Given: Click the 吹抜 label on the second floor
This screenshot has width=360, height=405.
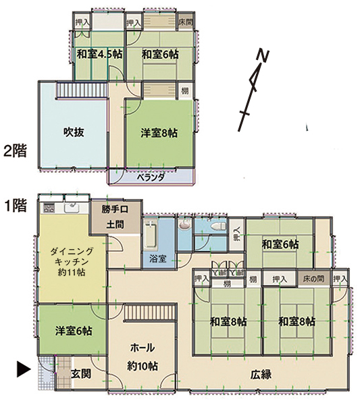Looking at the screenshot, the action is (74, 132).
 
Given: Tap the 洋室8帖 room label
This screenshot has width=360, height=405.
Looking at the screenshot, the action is (159, 133).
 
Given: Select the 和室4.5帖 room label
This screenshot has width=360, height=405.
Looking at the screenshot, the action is (99, 55).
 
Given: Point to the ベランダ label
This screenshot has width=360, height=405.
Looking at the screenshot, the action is (151, 178).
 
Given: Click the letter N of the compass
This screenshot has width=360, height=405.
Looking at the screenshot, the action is (263, 56).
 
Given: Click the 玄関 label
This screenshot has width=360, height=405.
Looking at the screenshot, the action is (81, 374).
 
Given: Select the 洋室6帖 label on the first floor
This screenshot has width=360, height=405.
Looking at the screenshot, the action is (74, 331).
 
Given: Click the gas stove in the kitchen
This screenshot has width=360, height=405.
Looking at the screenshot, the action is (49, 208).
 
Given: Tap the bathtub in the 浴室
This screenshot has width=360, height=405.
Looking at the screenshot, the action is (151, 234).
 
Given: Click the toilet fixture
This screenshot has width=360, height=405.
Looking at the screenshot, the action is (218, 226).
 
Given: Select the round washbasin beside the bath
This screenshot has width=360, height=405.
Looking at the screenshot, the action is (185, 225).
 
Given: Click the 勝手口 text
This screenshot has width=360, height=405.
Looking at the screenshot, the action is (115, 209).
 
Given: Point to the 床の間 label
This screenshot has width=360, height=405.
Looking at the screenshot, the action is (313, 279).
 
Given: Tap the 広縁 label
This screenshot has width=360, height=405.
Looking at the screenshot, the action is (261, 374).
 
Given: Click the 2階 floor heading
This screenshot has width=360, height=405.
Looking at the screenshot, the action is (15, 151).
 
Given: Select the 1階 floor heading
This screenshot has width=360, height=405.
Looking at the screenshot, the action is (16, 206).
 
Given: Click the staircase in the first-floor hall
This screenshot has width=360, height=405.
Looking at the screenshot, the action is (151, 313).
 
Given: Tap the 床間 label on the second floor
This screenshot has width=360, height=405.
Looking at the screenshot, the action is (186, 22).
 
